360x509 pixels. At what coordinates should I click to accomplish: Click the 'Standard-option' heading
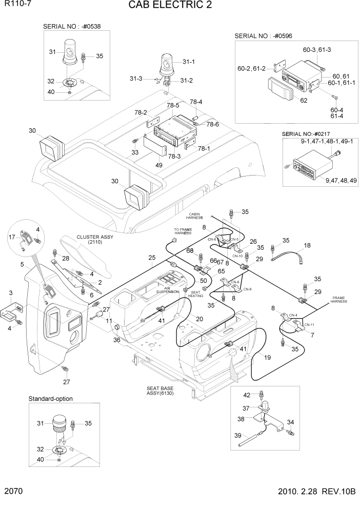[x=50, y=399]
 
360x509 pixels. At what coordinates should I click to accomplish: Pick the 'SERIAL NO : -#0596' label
[x=267, y=36]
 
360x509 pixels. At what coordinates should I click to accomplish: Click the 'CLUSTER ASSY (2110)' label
[x=95, y=239]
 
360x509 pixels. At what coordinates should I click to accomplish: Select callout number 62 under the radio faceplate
[x=304, y=101]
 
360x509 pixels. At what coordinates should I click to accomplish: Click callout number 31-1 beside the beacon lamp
[x=189, y=62]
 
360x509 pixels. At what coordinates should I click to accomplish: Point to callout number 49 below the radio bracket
[x=159, y=165]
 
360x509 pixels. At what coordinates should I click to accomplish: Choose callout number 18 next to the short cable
[x=307, y=246]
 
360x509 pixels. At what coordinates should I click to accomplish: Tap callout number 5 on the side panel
[x=23, y=264]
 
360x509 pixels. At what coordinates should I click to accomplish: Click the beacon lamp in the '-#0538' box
[x=70, y=54]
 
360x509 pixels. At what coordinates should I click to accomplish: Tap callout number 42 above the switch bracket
[x=246, y=395]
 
